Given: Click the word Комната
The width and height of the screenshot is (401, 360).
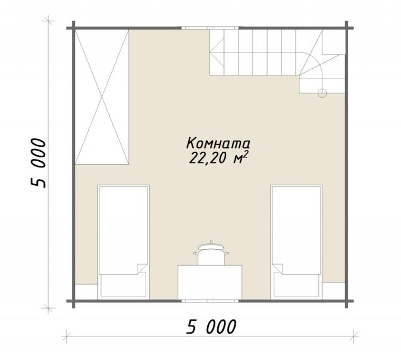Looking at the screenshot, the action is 218,143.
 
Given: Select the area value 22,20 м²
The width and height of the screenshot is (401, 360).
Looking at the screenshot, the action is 218,158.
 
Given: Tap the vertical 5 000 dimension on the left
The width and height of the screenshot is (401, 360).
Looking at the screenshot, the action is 39,164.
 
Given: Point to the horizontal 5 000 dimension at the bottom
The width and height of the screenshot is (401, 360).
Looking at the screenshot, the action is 211,327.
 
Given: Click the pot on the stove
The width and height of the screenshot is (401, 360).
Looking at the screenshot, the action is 211,253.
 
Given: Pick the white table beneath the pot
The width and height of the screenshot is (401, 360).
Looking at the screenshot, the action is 210,282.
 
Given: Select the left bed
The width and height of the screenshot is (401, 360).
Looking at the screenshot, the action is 123,242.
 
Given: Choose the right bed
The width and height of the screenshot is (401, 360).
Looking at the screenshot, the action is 297,242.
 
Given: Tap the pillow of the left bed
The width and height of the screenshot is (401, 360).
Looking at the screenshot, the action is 123,284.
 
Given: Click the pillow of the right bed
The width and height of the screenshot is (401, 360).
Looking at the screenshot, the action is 297,284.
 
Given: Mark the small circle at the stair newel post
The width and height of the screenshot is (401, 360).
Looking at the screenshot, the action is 322,93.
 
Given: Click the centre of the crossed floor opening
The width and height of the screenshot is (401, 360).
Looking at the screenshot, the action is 102,97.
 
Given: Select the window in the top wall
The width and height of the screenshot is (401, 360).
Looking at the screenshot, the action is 210,28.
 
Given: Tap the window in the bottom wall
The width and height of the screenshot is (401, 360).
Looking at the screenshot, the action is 210,301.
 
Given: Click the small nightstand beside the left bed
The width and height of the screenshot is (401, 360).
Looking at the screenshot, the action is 87,291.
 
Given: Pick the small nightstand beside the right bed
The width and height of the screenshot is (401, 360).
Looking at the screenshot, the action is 333,291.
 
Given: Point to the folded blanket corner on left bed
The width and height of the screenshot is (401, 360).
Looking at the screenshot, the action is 142,268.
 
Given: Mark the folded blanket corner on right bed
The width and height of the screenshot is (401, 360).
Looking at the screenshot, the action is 278,268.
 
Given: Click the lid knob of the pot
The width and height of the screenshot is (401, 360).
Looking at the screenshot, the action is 211,241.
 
